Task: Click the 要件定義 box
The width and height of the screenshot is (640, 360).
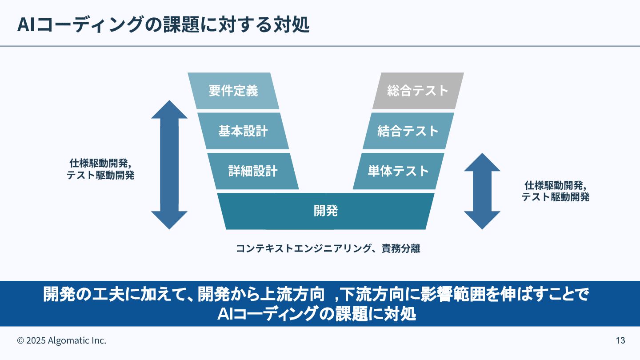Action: click(233, 91)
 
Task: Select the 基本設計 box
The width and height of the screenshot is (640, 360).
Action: click(243, 131)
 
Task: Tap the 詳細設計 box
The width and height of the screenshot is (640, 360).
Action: click(253, 171)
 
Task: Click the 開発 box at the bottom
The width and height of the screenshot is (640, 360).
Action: click(326, 211)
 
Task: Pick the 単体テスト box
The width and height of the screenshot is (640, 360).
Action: click(398, 171)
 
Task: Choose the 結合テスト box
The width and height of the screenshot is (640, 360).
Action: click(408, 131)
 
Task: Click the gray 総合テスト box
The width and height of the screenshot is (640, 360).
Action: click(418, 91)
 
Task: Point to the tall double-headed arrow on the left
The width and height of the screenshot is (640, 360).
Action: click(169, 164)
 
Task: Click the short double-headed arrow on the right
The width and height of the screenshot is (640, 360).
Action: click(482, 191)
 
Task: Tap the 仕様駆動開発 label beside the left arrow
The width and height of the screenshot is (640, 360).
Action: click(100, 163)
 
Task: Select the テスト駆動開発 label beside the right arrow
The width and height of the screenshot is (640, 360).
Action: click(556, 197)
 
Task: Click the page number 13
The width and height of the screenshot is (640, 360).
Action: click(620, 341)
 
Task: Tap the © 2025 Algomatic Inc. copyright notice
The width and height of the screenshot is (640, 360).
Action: click(62, 341)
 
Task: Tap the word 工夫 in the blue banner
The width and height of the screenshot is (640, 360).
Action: click(107, 295)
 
